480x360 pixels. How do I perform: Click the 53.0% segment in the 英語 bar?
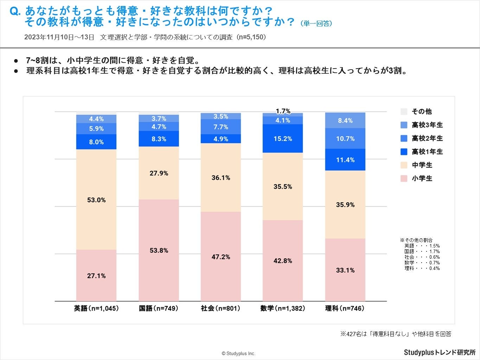(x=96, y=200)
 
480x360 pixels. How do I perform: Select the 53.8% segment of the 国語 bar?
(x=159, y=250)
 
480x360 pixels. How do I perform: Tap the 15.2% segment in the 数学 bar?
(x=283, y=139)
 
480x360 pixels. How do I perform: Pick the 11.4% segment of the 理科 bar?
(x=345, y=160)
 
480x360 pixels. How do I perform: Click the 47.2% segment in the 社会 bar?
(x=221, y=257)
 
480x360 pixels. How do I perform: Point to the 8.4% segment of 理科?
(x=345, y=121)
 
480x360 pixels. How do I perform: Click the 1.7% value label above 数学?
(x=283, y=111)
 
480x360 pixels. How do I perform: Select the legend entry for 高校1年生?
(x=422, y=152)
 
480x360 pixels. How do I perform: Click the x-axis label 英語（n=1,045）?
(x=96, y=308)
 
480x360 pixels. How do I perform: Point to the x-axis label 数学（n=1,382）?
(x=283, y=308)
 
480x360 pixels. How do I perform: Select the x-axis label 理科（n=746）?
(x=345, y=308)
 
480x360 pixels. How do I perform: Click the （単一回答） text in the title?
(x=316, y=24)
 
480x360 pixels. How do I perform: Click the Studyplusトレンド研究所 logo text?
(x=440, y=352)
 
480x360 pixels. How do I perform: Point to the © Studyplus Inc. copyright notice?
(x=238, y=353)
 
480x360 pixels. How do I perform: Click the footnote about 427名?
(x=396, y=334)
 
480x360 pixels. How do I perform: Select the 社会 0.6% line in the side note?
(x=422, y=257)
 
